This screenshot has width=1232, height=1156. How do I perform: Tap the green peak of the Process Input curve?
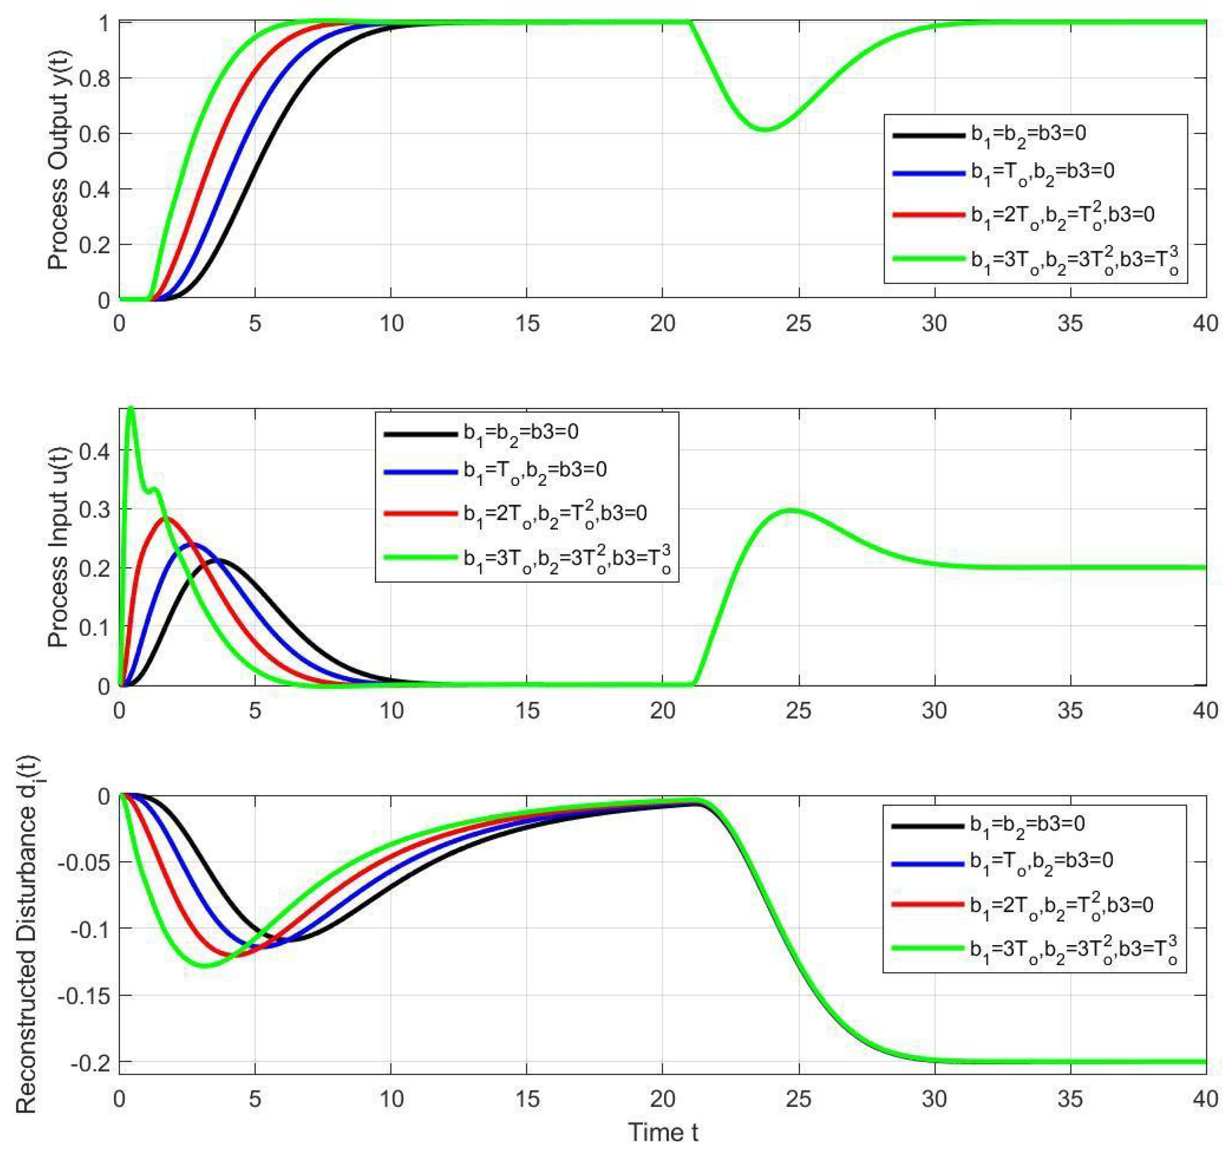130,408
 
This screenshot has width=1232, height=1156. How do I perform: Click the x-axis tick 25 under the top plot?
798,324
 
